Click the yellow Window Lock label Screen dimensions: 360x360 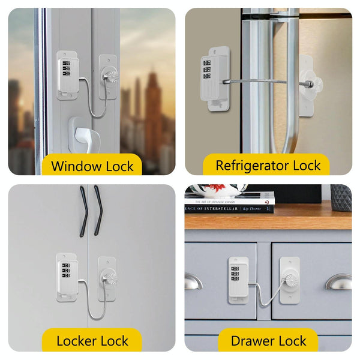(x=92, y=166)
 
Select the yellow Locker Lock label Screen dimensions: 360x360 (x=92, y=341)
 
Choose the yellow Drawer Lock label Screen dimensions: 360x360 (x=269, y=341)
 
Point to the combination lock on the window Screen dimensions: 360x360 (x=67, y=74)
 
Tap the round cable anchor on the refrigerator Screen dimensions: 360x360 (x=311, y=83)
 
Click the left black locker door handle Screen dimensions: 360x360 (x=84, y=210)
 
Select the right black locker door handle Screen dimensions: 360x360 (x=98, y=210)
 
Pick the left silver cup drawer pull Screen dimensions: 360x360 (x=193, y=281)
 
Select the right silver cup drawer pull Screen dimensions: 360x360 (x=339, y=281)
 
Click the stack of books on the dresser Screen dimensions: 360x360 (x=229, y=203)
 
